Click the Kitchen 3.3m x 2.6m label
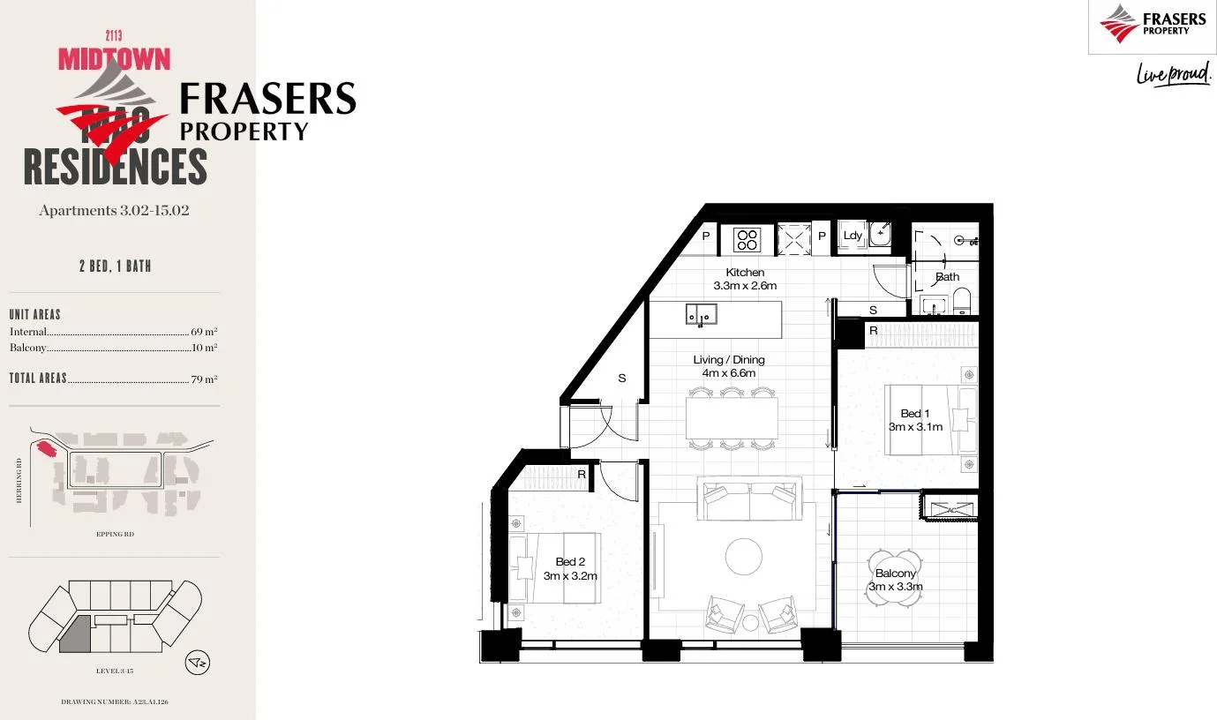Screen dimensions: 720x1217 (745, 279)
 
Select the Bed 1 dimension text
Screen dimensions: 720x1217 (915, 427)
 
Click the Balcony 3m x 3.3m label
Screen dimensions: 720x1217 (896, 580)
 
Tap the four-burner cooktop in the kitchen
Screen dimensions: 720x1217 (747, 239)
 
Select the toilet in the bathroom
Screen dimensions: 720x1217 (962, 301)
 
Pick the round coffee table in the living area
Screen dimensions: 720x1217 (743, 556)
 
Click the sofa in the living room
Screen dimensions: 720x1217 (750, 499)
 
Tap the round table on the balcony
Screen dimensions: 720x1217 (896, 578)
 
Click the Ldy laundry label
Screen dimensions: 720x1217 (852, 236)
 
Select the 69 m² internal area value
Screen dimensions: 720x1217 (204, 333)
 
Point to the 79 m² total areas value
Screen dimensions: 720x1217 (204, 379)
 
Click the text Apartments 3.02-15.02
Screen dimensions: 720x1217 (114, 211)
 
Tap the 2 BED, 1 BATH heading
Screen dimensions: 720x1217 (115, 266)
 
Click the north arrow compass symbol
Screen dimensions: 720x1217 (197, 662)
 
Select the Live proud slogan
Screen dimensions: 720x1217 (1174, 75)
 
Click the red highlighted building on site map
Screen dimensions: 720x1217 (45, 448)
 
